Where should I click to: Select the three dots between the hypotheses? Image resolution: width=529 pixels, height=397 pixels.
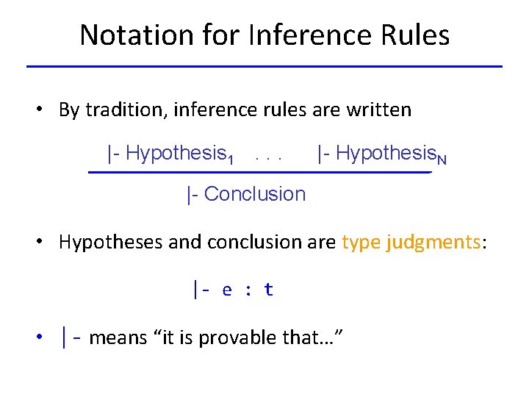[269, 156]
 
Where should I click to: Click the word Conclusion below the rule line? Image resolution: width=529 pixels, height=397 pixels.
[254, 194]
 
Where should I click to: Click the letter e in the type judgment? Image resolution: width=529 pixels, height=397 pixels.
[227, 290]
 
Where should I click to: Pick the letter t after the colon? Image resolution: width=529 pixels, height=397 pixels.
[268, 290]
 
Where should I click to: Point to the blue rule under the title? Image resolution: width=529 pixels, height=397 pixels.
[264, 67]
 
